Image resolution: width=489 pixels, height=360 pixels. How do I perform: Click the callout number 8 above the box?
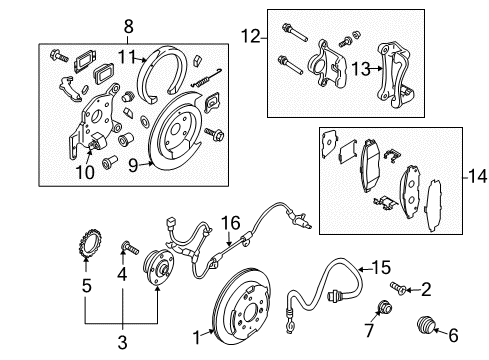click(128, 27)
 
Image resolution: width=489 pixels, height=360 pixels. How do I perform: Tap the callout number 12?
click(250, 36)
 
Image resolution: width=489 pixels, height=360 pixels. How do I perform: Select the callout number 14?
click(478, 176)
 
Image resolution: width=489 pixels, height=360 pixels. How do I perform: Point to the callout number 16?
click(231, 223)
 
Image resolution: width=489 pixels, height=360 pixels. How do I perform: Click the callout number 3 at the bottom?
click(123, 342)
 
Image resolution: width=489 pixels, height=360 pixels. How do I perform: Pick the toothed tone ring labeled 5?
click(87, 243)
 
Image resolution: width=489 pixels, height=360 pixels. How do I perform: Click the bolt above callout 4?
click(130, 248)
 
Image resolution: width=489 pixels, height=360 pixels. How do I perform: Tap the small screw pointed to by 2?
click(398, 288)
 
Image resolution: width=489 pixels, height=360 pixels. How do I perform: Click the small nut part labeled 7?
click(385, 307)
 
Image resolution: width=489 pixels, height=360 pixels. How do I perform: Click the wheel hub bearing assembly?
click(158, 265)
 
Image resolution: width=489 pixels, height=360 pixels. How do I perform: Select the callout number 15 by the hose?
click(381, 267)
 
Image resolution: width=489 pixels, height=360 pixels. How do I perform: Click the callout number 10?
click(85, 172)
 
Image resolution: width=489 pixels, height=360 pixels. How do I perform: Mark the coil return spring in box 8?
click(207, 79)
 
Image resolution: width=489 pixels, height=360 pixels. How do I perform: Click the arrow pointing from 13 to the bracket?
click(376, 69)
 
